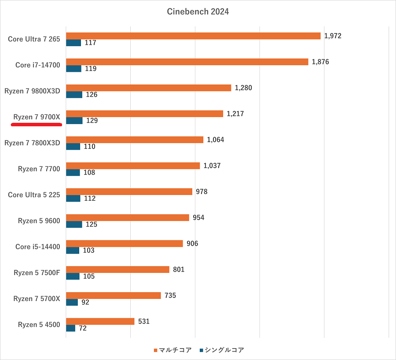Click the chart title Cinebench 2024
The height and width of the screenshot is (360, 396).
(198, 12)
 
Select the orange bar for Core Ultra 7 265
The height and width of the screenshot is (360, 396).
(193, 36)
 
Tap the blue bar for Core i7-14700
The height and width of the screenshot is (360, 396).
(73, 69)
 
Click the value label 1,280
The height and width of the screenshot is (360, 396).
(243, 88)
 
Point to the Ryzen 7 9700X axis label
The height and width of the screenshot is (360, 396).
(37, 117)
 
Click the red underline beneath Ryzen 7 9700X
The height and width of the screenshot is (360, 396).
(36, 125)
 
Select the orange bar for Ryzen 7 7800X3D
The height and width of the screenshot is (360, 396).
(135, 140)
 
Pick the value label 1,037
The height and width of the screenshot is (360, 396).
(212, 166)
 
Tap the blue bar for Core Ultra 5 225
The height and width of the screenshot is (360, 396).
(73, 198)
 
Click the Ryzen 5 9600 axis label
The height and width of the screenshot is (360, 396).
(39, 221)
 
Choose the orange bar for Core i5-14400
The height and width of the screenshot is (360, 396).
(124, 243)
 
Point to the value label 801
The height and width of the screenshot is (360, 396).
(179, 269)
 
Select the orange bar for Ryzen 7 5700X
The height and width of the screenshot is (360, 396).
(113, 295)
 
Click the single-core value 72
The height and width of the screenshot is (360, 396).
(83, 328)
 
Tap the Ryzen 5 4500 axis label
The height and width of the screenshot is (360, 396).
(39, 325)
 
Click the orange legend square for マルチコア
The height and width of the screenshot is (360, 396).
(155, 350)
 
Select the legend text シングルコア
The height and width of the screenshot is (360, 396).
(224, 350)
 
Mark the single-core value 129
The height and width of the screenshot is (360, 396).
(92, 121)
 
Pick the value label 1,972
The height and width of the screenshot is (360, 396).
(333, 36)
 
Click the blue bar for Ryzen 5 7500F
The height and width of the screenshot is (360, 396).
(73, 276)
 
